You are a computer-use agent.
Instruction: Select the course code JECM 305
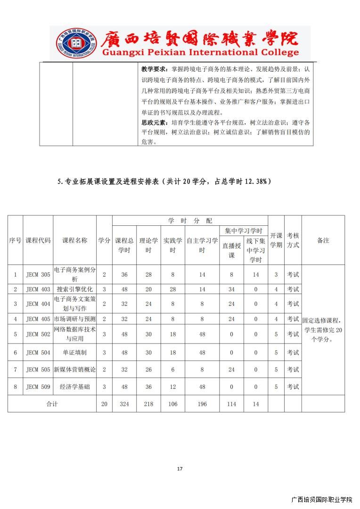[x=38, y=274]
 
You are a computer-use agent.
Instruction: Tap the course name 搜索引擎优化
[x=75, y=289]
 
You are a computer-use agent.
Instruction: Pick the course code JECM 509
[x=38, y=387]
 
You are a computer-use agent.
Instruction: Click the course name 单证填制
[x=75, y=353]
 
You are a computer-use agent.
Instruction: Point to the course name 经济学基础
[x=75, y=387]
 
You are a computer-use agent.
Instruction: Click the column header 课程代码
[x=38, y=240]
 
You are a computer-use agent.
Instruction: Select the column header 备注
[x=323, y=240]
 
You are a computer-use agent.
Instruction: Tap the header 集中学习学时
[x=244, y=231]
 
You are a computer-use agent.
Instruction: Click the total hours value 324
[x=124, y=404]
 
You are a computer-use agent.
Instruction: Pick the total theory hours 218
[x=148, y=404]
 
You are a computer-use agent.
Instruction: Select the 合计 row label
[x=52, y=404]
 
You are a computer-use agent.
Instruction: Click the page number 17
[x=180, y=468]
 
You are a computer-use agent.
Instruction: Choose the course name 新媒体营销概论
[x=75, y=369]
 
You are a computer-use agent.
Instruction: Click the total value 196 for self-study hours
[x=202, y=404]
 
